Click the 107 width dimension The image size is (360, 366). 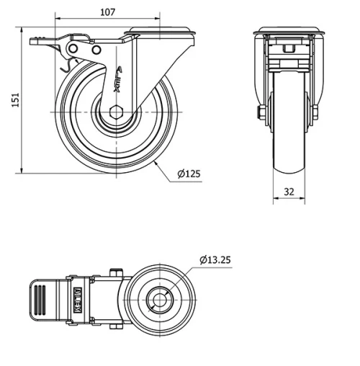(107, 12)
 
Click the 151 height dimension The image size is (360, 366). (15, 99)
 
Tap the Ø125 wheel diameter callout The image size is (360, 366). (189, 174)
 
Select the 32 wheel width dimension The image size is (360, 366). (289, 192)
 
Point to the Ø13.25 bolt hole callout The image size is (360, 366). (215, 260)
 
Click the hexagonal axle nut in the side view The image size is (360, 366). (116, 112)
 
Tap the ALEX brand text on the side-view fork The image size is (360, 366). (118, 79)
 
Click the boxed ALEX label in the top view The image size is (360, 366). (78, 300)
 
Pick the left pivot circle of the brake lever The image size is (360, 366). (73, 49)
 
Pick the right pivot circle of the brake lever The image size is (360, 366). (96, 50)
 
